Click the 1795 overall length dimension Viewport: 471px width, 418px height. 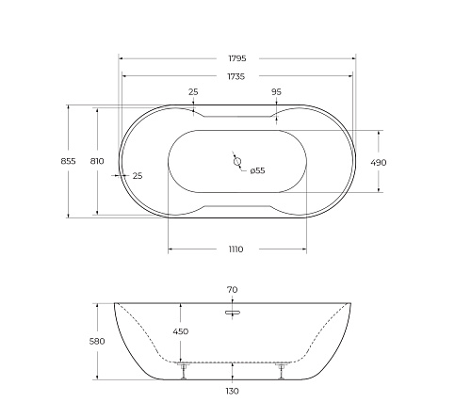(x=237, y=58)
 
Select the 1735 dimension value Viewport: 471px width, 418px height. (x=236, y=76)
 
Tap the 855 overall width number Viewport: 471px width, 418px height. (x=68, y=161)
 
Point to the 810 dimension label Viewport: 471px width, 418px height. (x=97, y=161)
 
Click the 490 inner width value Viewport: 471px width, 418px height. (x=379, y=163)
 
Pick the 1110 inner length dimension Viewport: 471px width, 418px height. (x=235, y=249)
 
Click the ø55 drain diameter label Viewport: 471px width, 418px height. (x=257, y=170)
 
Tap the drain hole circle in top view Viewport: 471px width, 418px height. (x=237, y=162)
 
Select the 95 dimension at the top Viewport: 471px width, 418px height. (x=276, y=92)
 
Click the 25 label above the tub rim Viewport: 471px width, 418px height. (x=193, y=92)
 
